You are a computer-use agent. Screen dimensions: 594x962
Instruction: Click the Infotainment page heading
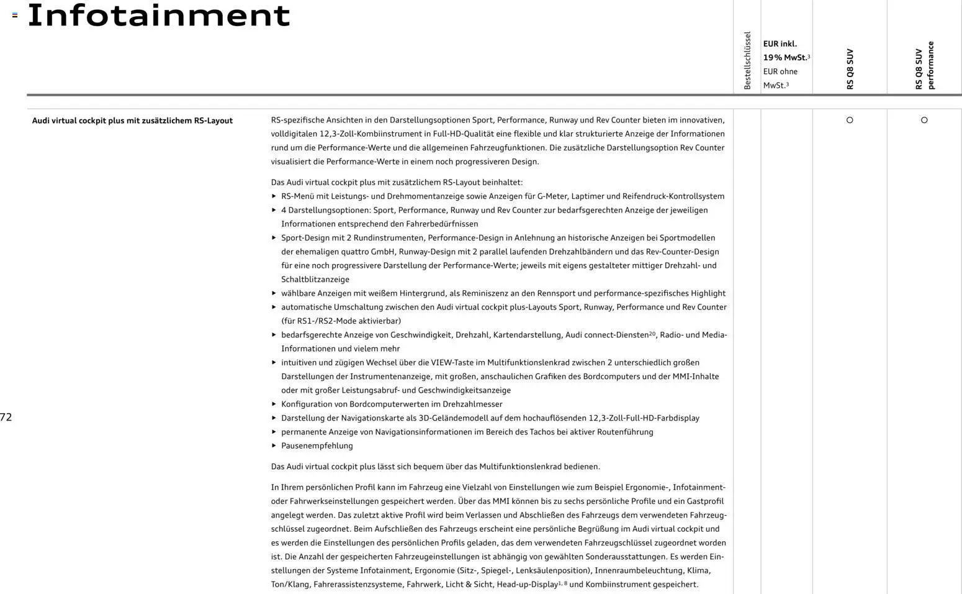tap(159, 16)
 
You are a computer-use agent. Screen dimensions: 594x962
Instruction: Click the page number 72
tap(6, 417)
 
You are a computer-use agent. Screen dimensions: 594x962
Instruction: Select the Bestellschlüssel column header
tap(747, 61)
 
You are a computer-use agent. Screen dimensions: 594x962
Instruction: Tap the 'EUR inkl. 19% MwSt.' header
tap(786, 51)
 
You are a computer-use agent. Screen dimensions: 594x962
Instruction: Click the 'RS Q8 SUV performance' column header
tap(924, 65)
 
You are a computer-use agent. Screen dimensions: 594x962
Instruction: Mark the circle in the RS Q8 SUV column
tap(850, 121)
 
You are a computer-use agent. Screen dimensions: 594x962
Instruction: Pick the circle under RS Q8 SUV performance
tap(924, 121)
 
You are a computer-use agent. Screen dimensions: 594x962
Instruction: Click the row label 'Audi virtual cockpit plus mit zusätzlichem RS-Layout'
tap(132, 121)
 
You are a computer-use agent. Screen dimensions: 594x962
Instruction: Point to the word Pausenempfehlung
tap(317, 445)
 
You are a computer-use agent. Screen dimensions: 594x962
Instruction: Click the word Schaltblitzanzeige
tap(315, 280)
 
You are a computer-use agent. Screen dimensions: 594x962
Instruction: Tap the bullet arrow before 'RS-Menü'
tap(274, 196)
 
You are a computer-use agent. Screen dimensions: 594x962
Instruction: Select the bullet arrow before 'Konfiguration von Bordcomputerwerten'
tap(274, 404)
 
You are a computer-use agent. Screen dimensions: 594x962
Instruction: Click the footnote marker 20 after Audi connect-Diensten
tap(652, 334)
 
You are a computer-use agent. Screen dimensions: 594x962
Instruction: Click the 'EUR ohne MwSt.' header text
tap(780, 78)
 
